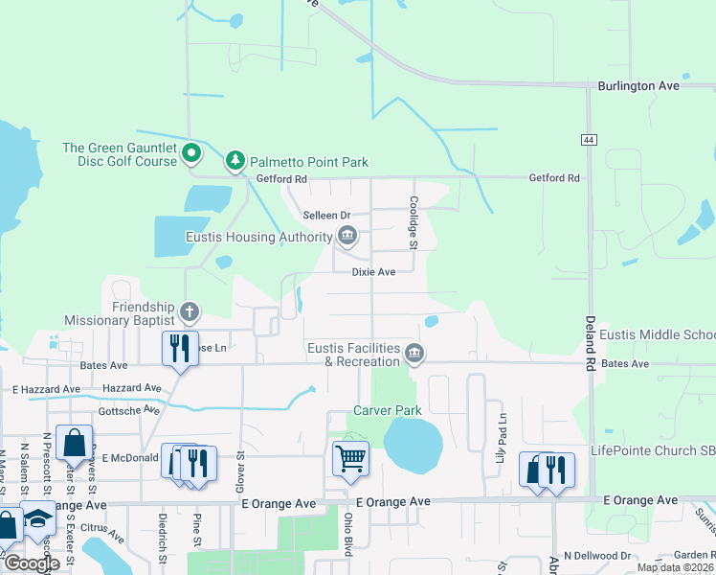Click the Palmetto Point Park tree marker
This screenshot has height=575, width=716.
click(235, 162)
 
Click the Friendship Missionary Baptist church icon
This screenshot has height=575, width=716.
click(190, 311)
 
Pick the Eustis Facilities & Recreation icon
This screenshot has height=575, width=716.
click(414, 354)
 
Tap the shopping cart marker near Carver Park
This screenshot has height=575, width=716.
click(350, 458)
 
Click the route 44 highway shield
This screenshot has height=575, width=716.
click(587, 140)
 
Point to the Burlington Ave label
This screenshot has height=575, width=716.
click(638, 85)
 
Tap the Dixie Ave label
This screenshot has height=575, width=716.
click(373, 272)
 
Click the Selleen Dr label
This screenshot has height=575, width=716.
click(327, 216)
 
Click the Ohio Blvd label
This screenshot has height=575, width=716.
click(348, 535)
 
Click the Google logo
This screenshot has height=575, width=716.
click(32, 563)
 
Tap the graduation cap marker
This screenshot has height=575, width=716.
click(38, 518)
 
